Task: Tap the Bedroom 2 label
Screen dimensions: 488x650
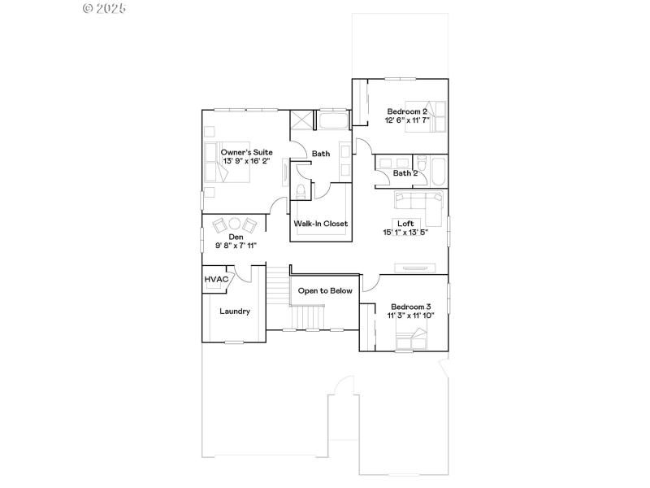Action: click(x=407, y=111)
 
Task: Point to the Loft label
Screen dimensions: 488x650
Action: click(x=405, y=223)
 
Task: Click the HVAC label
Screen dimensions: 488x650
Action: click(x=215, y=279)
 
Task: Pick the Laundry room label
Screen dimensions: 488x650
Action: click(x=235, y=311)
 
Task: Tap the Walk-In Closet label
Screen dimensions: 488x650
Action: click(x=320, y=223)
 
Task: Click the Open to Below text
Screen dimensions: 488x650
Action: click(x=325, y=290)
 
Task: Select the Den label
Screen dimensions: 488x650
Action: click(x=236, y=237)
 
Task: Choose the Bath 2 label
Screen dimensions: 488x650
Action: click(x=405, y=172)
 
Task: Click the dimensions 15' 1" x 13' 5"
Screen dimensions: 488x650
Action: click(x=405, y=233)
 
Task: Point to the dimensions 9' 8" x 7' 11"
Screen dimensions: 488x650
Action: click(x=236, y=246)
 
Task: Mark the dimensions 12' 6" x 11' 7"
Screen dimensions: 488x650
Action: click(x=407, y=120)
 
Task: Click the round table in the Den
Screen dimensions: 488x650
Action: click(x=234, y=224)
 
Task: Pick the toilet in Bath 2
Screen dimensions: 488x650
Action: click(x=422, y=161)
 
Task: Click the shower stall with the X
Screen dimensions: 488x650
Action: click(x=301, y=120)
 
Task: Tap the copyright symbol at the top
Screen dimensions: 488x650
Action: click(x=89, y=8)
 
